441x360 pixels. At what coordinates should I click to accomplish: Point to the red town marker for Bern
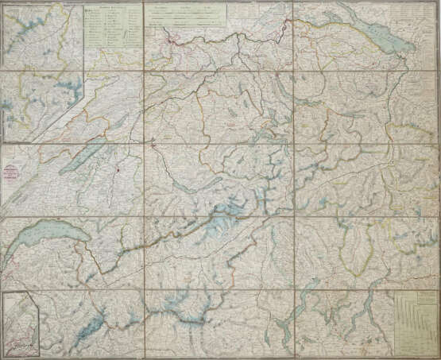[x=152, y=145]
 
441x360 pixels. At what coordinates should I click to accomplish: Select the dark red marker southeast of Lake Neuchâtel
[x=116, y=168]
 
